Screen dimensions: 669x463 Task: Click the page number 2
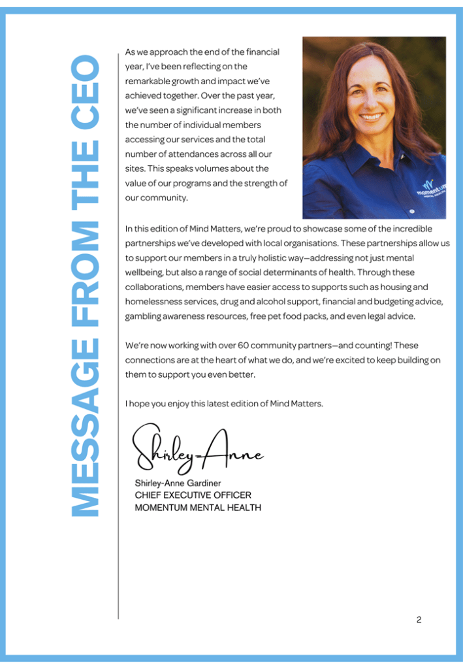[419, 619]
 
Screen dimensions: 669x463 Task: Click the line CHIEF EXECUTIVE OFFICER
[193, 495]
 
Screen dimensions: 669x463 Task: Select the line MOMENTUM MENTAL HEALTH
[197, 508]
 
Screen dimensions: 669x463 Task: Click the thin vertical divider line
[118, 392]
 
